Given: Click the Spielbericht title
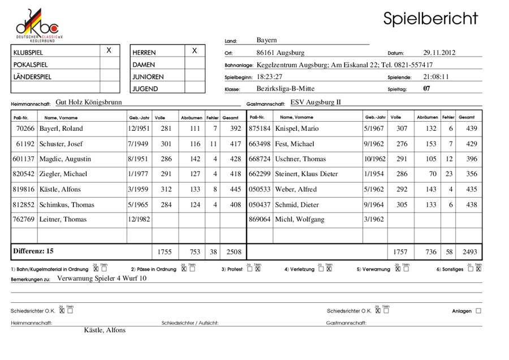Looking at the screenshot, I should coord(430,18).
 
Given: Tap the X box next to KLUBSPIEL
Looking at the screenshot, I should coord(109,51).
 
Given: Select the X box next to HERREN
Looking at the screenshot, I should coord(195,51).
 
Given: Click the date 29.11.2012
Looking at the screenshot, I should coord(439,53).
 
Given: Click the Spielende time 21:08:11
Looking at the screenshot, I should coord(436,76).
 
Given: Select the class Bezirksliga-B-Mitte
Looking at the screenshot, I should coord(286,88).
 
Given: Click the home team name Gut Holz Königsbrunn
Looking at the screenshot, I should coord(89,104).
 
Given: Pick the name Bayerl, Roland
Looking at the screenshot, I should coord(61,128).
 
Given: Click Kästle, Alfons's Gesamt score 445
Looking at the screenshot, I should coord(231,190).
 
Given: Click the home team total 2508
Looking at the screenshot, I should coord(231,251).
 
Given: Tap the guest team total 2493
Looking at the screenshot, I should coord(469,251).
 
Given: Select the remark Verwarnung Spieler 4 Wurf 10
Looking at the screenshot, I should coord(102,278).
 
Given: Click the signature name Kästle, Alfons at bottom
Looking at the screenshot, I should coord(105,330).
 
